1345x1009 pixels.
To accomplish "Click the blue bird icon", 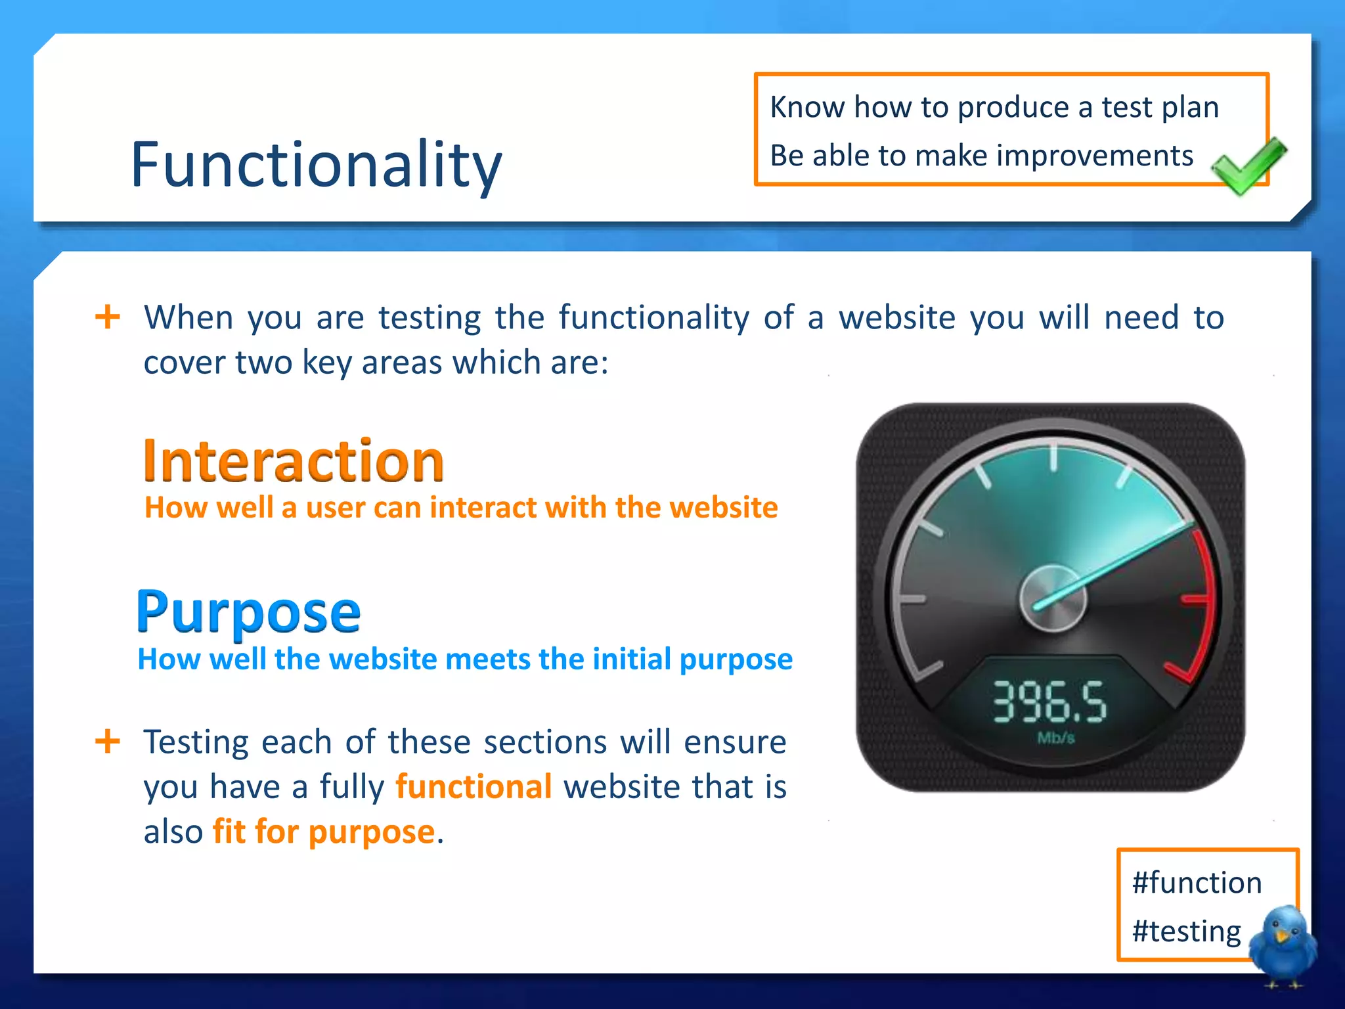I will click(x=1281, y=943).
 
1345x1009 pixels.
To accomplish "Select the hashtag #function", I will click(x=1197, y=882).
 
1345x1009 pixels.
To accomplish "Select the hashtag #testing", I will click(x=1186, y=931).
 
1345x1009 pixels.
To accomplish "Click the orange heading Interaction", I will click(x=294, y=460).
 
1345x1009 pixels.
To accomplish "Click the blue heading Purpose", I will click(x=248, y=612).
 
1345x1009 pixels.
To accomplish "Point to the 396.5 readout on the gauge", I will click(x=1049, y=702).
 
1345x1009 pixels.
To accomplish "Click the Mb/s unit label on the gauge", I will click(x=1055, y=738).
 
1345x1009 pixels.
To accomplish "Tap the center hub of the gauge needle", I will click(x=1052, y=598).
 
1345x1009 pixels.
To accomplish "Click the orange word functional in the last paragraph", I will click(x=474, y=786).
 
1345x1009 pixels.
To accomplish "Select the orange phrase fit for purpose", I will click(x=324, y=831).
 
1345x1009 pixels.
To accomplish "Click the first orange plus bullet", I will click(x=108, y=317).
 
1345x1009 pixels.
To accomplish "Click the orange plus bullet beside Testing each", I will click(x=108, y=742).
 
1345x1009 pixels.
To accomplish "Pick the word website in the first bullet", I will click(x=897, y=318).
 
